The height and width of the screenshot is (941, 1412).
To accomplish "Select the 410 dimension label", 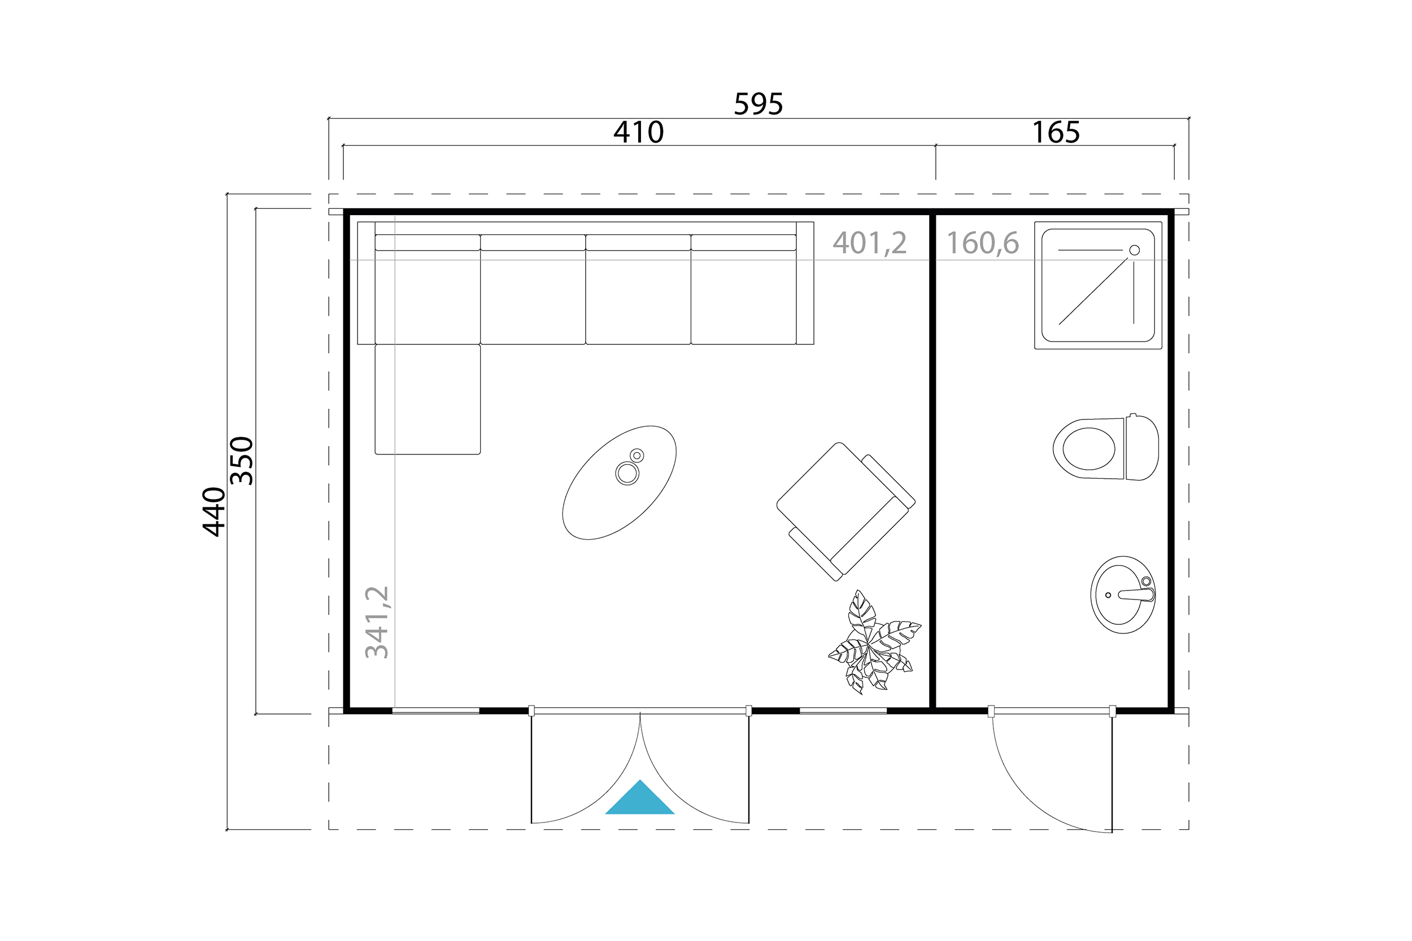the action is [638, 132].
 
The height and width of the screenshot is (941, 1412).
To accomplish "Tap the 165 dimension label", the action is [1056, 132].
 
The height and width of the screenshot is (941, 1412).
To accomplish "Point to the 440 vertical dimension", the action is [214, 511].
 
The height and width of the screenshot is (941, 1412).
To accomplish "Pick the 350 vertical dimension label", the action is [242, 460].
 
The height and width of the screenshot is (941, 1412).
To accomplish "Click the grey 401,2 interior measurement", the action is [869, 243].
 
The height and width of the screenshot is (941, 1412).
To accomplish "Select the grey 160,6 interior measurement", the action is [983, 243].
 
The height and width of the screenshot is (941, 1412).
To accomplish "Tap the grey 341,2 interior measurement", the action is [378, 622].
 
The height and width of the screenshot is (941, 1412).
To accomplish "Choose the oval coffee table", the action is [619, 483].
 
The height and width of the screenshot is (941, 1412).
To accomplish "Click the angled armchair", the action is [846, 511].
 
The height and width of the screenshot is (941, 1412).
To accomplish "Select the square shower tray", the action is [1098, 285].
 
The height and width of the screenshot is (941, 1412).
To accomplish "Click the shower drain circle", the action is [1134, 250].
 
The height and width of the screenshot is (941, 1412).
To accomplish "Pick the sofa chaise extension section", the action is [428, 399].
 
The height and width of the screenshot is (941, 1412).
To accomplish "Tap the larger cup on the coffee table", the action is [627, 473].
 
